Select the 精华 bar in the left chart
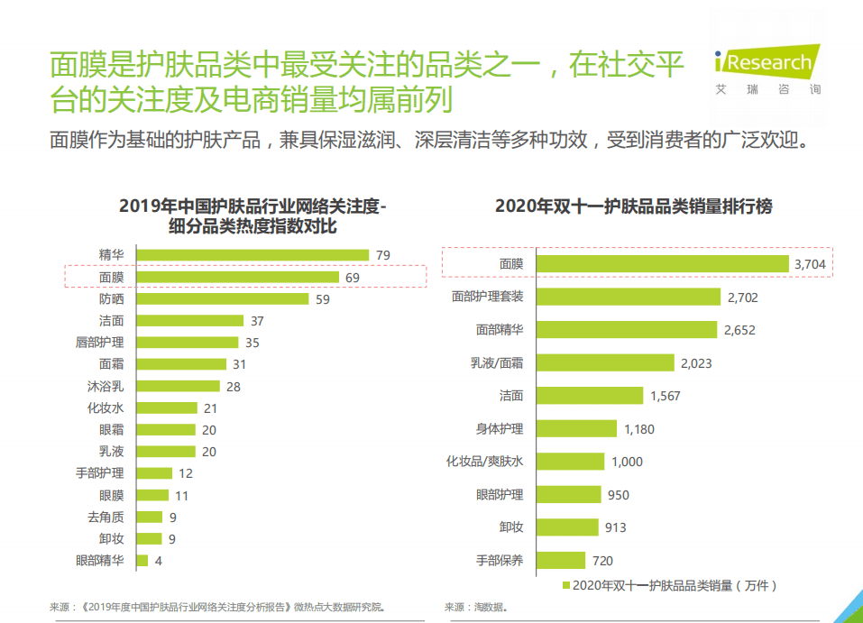(x=252, y=255)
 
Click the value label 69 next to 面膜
(x=353, y=278)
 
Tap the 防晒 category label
(x=111, y=299)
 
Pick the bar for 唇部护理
(x=188, y=343)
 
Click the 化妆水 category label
(x=106, y=408)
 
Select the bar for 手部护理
(x=154, y=472)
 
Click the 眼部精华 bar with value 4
(x=142, y=560)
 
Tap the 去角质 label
(x=106, y=517)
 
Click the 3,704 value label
(x=810, y=264)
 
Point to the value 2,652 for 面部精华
(x=739, y=330)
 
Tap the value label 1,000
(x=627, y=462)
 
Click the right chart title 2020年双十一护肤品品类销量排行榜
(x=633, y=206)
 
